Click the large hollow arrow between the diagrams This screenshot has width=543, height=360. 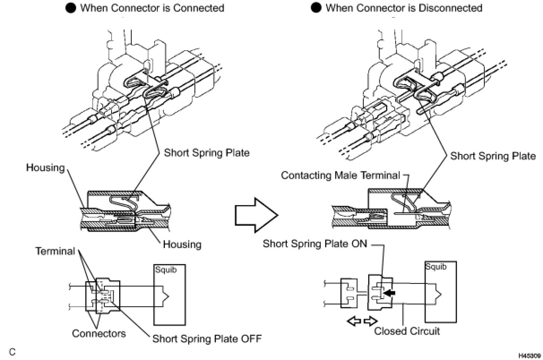point(256,215)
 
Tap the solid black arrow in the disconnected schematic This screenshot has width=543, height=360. point(390,293)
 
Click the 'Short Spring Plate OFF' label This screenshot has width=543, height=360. point(207,339)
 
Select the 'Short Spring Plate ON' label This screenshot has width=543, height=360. point(315,244)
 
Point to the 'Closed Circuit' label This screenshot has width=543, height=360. point(407,331)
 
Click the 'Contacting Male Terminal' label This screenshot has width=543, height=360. point(340,175)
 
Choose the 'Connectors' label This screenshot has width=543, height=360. point(99,333)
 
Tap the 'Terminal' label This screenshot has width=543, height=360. point(55,251)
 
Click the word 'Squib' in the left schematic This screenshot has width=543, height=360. point(166,270)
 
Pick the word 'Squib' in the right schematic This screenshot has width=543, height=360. point(436,266)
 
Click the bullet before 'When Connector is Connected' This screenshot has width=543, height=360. point(71,8)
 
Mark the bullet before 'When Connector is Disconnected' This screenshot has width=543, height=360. point(316,8)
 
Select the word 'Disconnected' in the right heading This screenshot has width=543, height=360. point(450,8)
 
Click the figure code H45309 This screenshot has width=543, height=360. point(530,356)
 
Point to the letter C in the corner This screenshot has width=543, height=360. point(13,352)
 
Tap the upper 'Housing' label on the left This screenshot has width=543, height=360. point(46,167)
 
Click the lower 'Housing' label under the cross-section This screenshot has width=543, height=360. point(182,244)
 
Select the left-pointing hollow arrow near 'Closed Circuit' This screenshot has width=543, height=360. point(354,321)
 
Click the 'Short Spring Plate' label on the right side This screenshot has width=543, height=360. point(493,156)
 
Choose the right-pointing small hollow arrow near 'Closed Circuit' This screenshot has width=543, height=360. point(371,321)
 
